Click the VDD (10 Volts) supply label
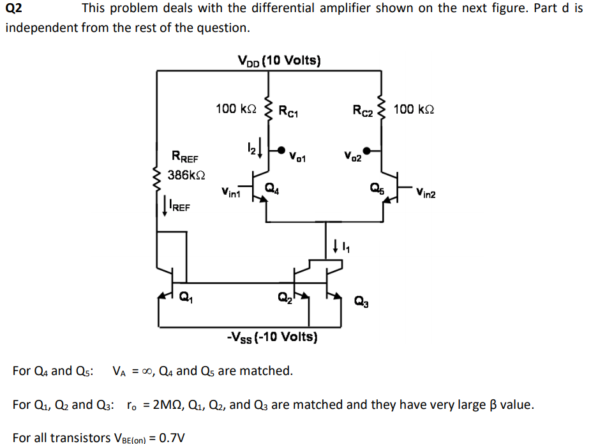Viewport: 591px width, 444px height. coord(279,61)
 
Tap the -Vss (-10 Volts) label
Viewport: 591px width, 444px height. coord(273,336)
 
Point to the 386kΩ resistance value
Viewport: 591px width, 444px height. coord(184,174)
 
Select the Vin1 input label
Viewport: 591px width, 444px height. coord(231,190)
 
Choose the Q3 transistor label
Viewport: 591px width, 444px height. coord(361,300)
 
